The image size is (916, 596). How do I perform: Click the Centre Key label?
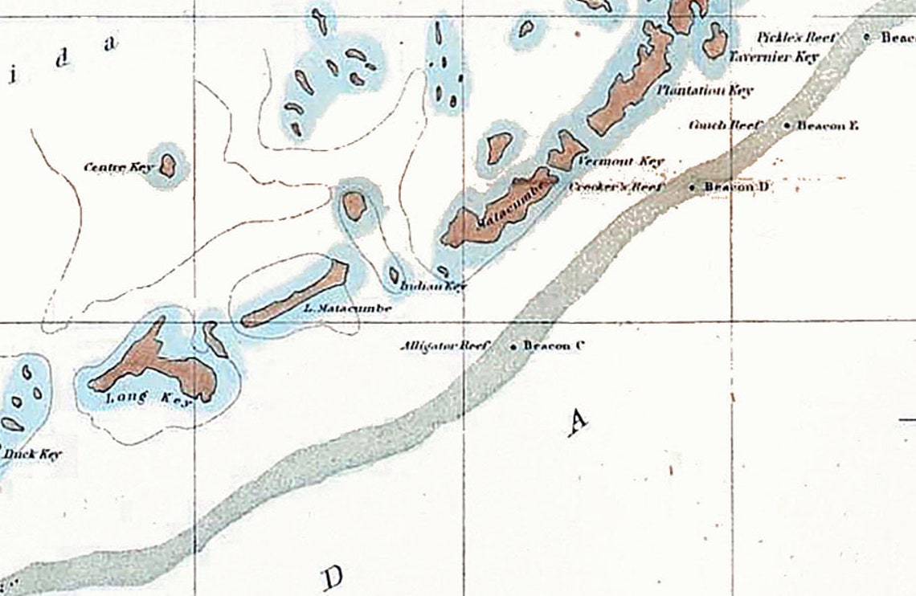(118, 167)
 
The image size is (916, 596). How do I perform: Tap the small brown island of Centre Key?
(167, 165)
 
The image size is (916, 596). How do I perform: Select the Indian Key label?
(433, 286)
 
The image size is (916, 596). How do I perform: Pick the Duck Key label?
(32, 455)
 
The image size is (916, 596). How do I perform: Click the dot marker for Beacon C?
(513, 347)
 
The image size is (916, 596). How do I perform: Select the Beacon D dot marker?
(693, 187)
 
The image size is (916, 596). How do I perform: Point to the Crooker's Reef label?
(615, 187)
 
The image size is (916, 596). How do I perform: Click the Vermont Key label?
(621, 161)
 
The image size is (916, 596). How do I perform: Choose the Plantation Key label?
(705, 90)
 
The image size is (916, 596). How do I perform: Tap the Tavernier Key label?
(773, 57)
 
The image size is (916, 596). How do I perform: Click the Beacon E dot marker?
(785, 125)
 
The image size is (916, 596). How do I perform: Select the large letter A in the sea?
(576, 421)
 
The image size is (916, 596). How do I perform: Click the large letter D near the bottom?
(333, 577)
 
